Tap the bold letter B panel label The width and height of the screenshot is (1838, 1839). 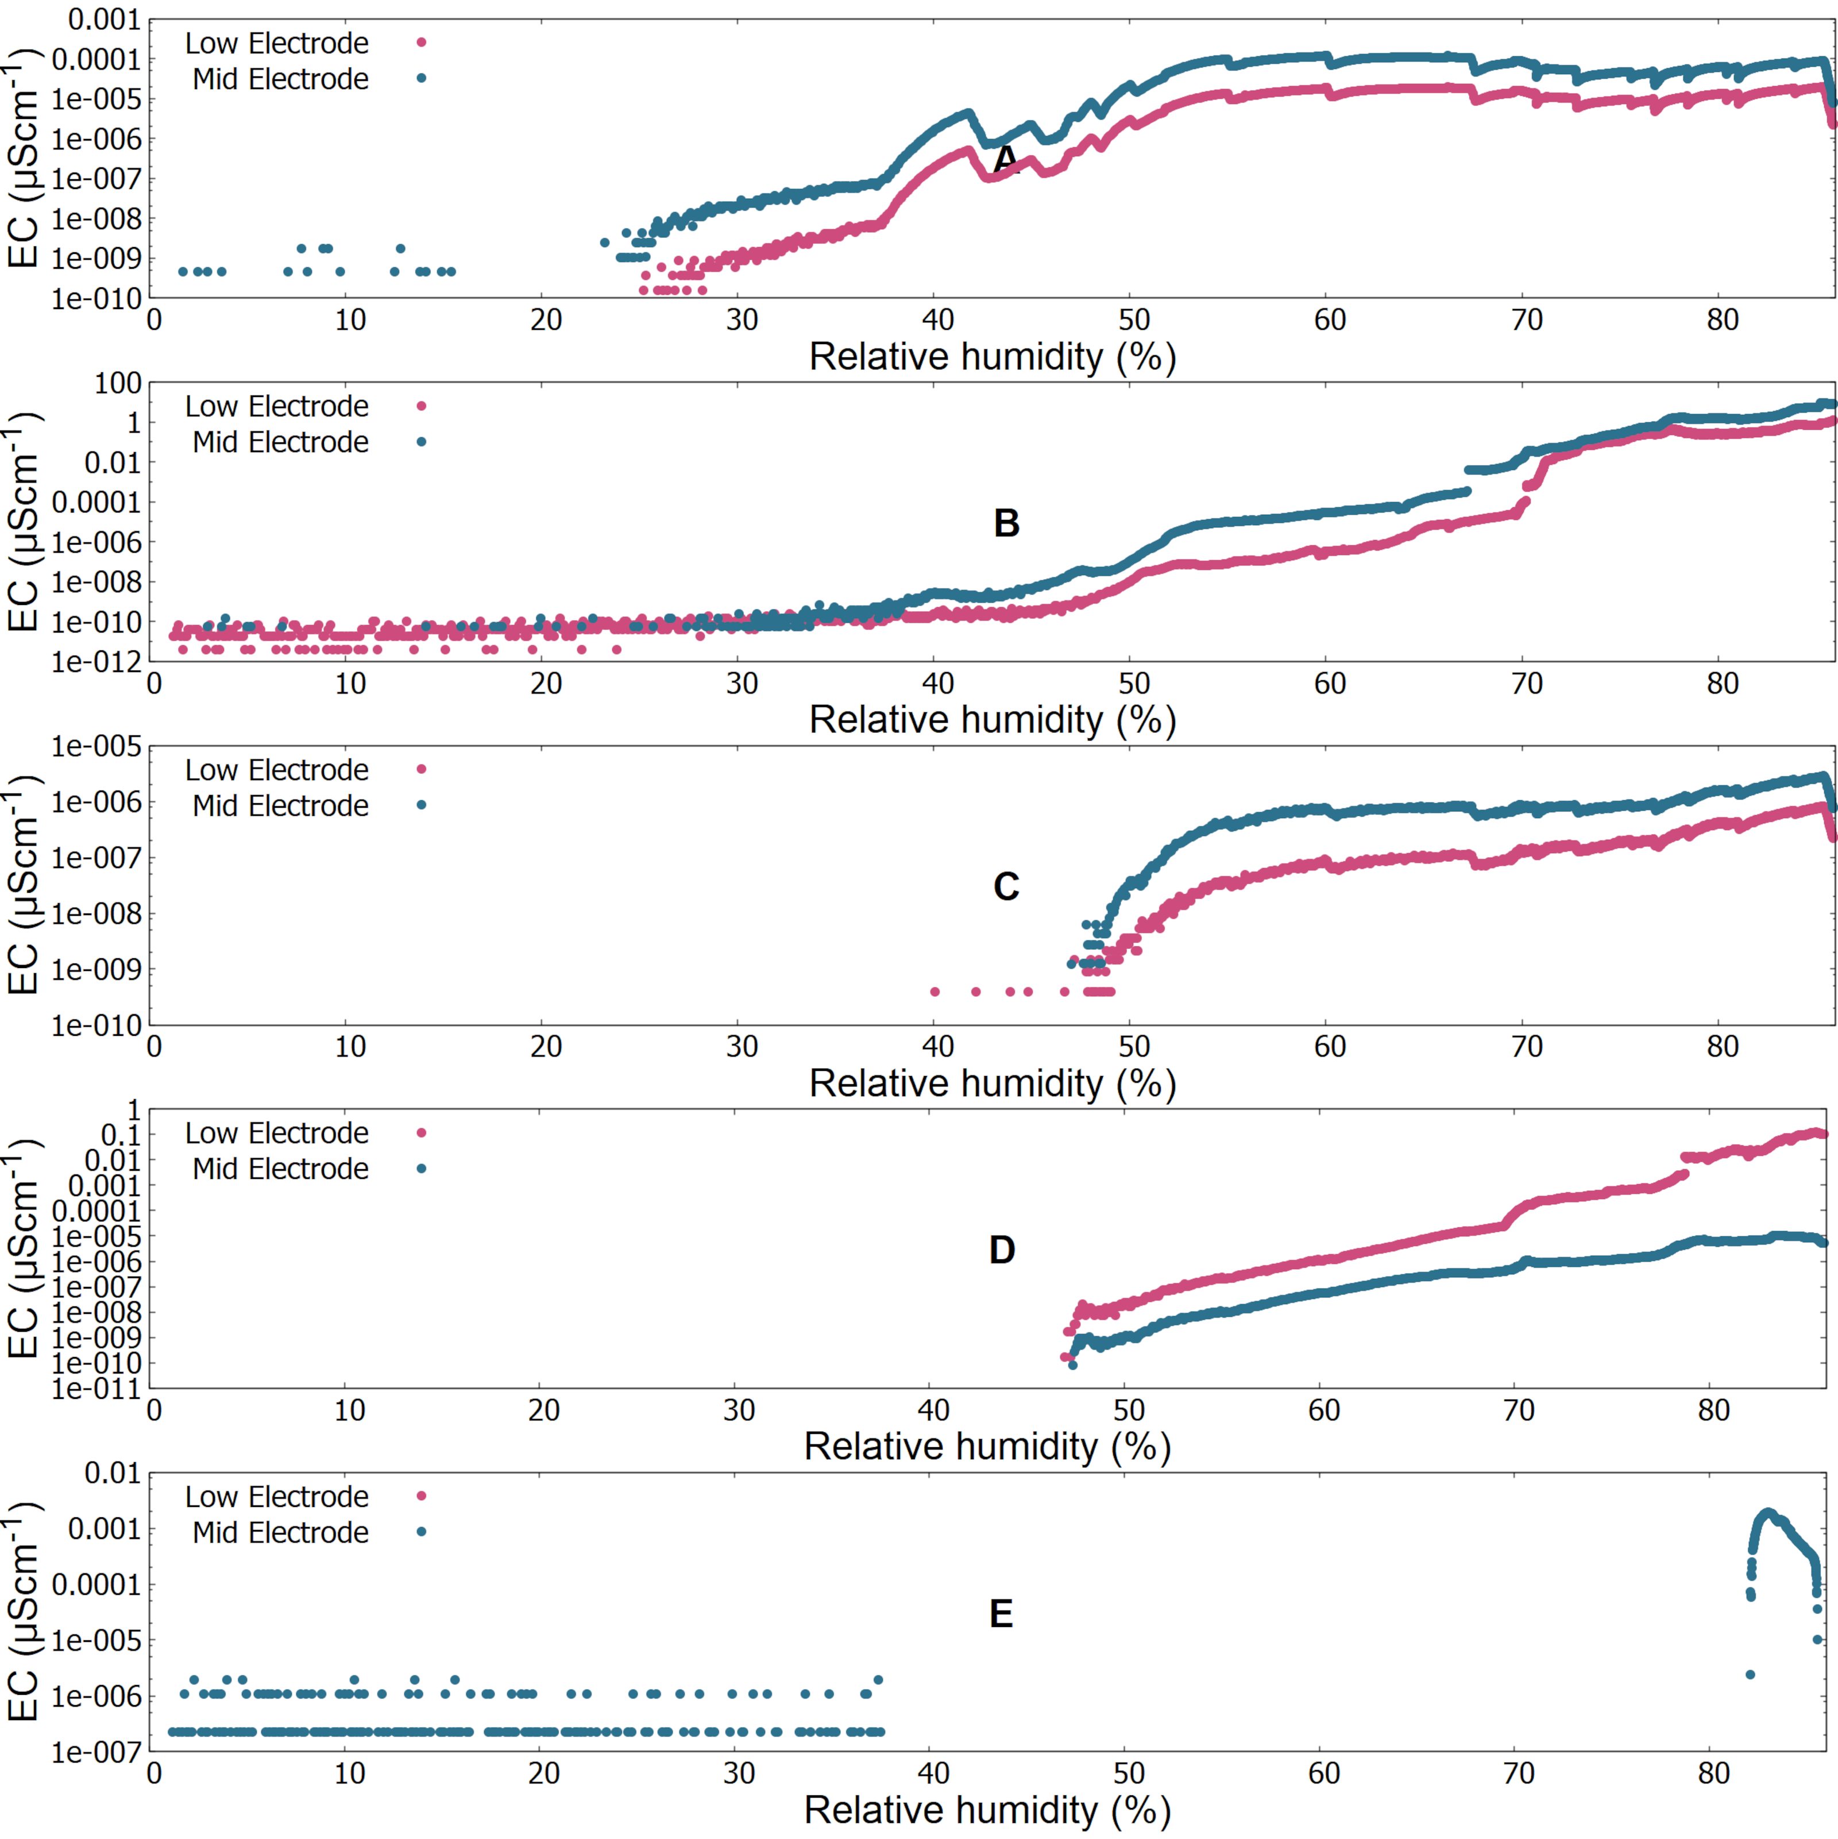tap(1006, 523)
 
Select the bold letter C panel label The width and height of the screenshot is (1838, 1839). tap(1006, 887)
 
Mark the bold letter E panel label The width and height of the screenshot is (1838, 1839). tap(1001, 1613)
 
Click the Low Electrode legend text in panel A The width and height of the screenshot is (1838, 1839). tap(276, 43)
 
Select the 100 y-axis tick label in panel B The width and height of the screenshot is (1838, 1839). tap(117, 384)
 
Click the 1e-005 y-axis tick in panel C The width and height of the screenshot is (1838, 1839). tap(95, 747)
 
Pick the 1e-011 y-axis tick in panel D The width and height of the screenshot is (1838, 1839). tap(95, 1389)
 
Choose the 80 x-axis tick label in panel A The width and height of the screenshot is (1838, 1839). tap(1722, 320)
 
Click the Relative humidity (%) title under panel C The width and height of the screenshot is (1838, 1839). tap(993, 1083)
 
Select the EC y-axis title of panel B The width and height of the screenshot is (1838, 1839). tap(23, 522)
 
